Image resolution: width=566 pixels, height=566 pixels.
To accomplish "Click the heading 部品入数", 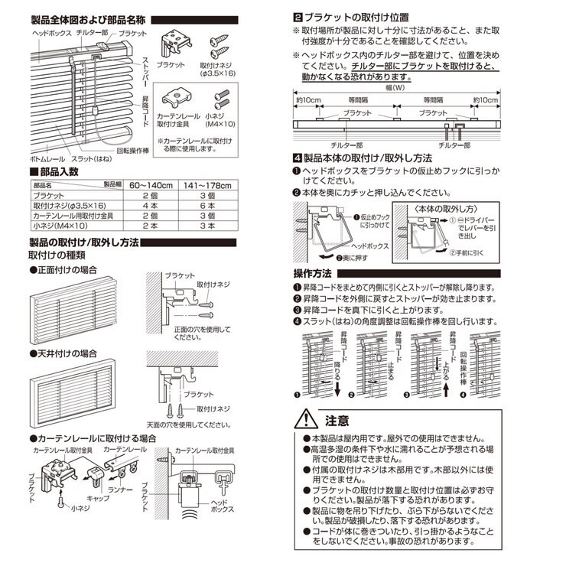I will (57, 172).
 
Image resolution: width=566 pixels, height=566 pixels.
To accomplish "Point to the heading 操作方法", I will (312, 274).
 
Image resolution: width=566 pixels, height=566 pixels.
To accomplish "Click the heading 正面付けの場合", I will (66, 271).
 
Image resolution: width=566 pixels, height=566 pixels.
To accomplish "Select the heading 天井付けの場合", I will (66, 354).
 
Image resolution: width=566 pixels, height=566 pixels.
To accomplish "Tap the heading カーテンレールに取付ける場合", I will (95, 438).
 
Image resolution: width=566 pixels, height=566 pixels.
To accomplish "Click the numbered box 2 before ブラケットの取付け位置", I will (297, 16).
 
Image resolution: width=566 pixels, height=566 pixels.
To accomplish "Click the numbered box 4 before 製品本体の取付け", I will (297, 158).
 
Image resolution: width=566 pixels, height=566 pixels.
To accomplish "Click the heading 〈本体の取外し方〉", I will (439, 207).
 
